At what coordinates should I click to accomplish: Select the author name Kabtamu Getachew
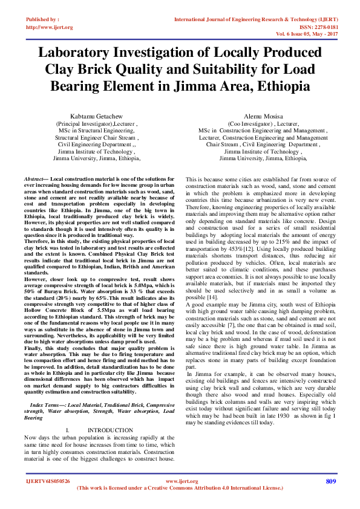point(94,115)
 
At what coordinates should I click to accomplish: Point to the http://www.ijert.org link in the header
point(50,27)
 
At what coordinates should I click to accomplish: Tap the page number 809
point(330,481)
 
